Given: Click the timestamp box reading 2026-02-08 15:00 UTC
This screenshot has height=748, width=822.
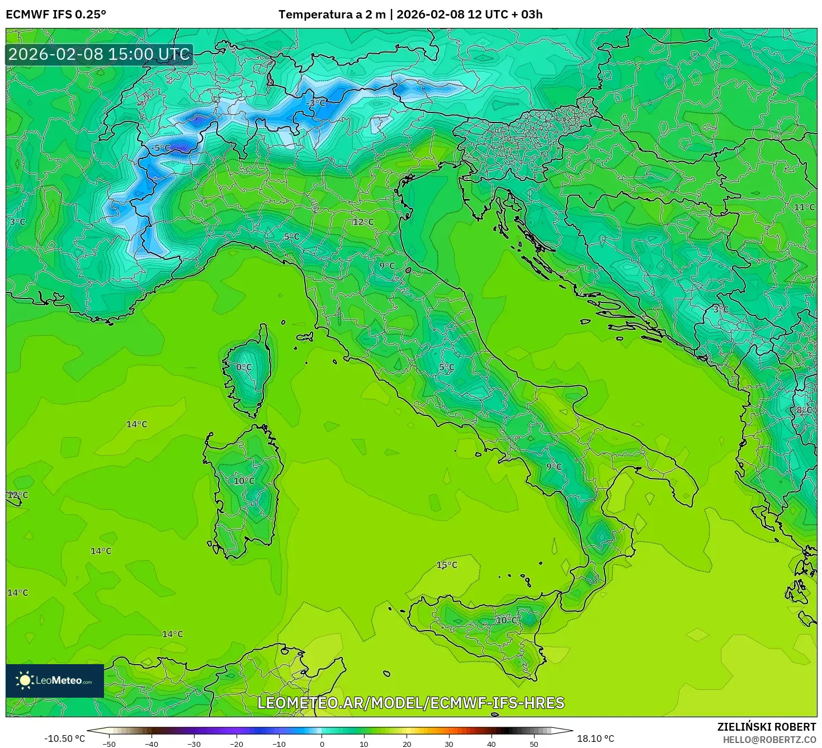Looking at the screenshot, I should [x=100, y=54].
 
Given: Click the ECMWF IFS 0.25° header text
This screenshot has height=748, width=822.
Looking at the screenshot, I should [x=56, y=15].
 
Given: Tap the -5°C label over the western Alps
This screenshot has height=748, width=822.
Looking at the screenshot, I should [x=160, y=148].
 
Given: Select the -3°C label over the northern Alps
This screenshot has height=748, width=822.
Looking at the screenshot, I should [x=316, y=103].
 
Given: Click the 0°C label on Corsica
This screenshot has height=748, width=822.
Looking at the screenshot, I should [x=244, y=367].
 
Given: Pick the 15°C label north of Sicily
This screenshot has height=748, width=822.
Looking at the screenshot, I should [x=447, y=565].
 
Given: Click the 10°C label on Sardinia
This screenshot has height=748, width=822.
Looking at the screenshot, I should [x=244, y=481].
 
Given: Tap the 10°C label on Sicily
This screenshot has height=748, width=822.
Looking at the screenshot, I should [x=507, y=621].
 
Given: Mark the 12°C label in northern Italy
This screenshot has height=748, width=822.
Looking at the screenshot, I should [x=363, y=222].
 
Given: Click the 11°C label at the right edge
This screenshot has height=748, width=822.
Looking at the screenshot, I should [x=804, y=207].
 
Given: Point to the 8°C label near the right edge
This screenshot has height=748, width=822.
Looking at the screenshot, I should [x=804, y=410].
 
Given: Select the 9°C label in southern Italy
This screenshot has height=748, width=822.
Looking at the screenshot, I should [x=554, y=467].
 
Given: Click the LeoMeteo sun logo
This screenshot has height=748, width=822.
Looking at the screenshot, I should [x=25, y=680].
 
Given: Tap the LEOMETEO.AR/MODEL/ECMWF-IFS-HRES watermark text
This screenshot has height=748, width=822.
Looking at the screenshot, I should [x=411, y=703].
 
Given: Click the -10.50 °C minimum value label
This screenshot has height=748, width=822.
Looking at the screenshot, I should [x=65, y=738].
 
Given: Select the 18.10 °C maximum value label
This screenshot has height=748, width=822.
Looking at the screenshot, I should [x=596, y=738].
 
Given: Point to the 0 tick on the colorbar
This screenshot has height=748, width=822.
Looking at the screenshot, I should [x=322, y=744].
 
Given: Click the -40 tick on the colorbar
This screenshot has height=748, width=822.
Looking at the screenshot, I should [x=152, y=744].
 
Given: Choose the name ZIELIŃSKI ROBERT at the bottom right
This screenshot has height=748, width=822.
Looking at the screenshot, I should [x=766, y=727].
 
